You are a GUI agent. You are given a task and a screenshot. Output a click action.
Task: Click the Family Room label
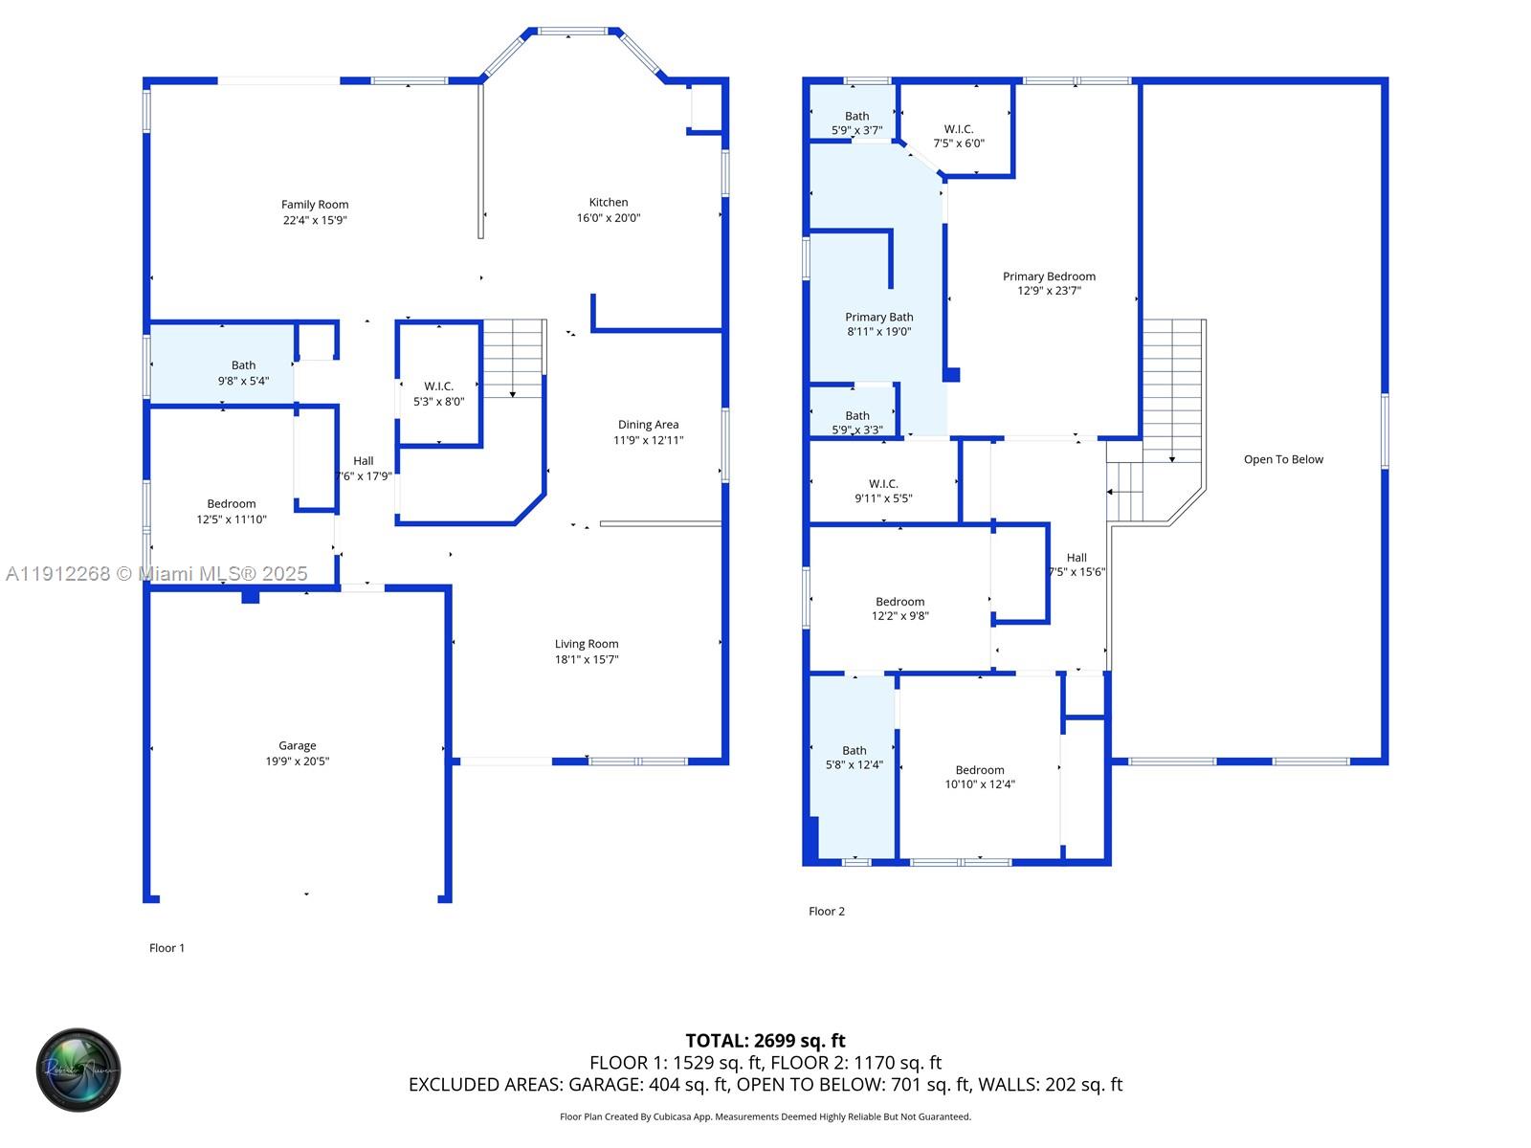pyautogui.click(x=315, y=204)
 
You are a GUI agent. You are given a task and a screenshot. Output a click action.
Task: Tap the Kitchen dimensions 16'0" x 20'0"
pyautogui.click(x=608, y=218)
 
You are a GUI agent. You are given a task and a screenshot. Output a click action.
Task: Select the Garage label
pyautogui.click(x=297, y=745)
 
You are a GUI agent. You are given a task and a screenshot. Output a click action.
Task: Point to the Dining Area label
pyautogui.click(x=648, y=425)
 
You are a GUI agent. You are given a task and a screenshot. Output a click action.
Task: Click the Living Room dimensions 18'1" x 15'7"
pyautogui.click(x=587, y=659)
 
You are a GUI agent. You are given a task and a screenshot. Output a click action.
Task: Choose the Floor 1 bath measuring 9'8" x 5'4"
pyautogui.click(x=243, y=372)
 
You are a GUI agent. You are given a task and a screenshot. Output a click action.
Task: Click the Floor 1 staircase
pyautogui.click(x=513, y=359)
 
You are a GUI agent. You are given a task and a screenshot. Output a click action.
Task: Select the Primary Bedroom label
pyautogui.click(x=1049, y=276)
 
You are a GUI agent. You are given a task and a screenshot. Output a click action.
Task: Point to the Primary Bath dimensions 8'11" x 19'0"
pyautogui.click(x=878, y=332)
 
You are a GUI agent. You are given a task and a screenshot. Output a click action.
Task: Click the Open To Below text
pyautogui.click(x=1283, y=459)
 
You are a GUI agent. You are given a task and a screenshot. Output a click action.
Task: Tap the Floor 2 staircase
pyautogui.click(x=1171, y=392)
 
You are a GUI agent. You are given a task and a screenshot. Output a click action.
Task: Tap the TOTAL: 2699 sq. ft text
pyautogui.click(x=765, y=1040)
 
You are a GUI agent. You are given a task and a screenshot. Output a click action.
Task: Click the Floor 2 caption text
pyautogui.click(x=827, y=911)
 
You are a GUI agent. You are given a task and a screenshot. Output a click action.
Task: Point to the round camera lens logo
pyautogui.click(x=78, y=1070)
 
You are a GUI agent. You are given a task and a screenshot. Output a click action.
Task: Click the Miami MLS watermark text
pyautogui.click(x=157, y=573)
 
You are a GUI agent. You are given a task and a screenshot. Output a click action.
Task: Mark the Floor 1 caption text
pyautogui.click(x=166, y=948)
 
